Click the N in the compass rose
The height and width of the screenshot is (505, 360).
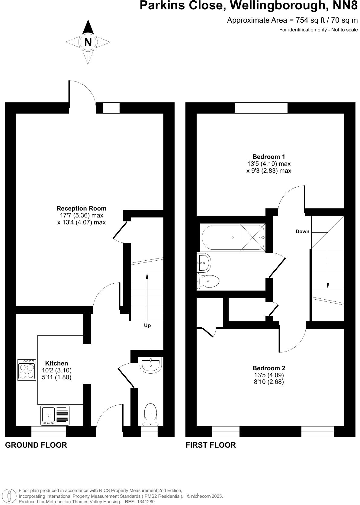pos(88,42)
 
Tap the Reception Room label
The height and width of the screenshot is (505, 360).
pos(82,208)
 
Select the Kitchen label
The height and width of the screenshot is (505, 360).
pos(56,363)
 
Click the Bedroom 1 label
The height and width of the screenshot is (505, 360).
pos(268,157)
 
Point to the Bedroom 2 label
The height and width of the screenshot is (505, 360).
pos(268,368)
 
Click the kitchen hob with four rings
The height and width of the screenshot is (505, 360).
pos(27,370)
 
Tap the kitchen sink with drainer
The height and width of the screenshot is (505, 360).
pos(55,416)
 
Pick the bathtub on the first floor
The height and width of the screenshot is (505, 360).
pos(233,238)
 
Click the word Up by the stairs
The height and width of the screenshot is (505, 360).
pos(147,326)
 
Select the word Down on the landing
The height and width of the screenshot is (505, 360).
pos(302,232)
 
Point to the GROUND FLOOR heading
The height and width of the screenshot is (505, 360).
pos(36,445)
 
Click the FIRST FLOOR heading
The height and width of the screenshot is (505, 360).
pos(211,445)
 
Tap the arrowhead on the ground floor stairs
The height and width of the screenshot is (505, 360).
pos(147,275)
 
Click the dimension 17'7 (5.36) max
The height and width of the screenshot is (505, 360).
pos(82,215)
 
